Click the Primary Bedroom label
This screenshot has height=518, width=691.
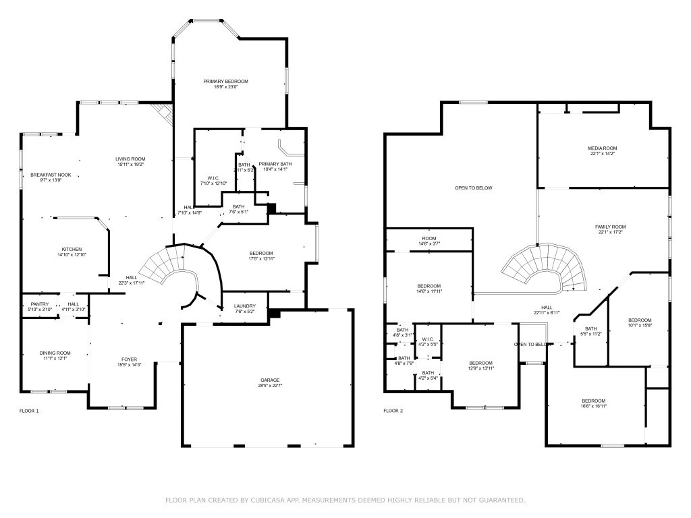click(225, 82)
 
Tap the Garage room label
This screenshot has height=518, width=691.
click(270, 380)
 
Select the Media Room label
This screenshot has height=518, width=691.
click(602, 148)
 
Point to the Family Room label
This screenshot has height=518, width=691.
click(610, 227)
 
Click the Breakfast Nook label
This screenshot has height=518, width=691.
click(51, 175)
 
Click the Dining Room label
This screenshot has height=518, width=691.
click(55, 353)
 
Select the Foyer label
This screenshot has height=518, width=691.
click(128, 359)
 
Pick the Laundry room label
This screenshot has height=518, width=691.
click(244, 306)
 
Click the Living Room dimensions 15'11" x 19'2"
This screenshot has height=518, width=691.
click(130, 164)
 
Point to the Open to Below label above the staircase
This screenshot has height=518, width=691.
click(473, 188)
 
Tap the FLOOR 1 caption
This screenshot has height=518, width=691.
click(29, 411)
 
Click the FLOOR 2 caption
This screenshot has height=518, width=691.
click(393, 411)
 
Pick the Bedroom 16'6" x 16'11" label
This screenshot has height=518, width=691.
click(594, 401)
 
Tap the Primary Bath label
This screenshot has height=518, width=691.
click(275, 164)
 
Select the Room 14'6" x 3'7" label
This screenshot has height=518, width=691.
click(429, 238)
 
